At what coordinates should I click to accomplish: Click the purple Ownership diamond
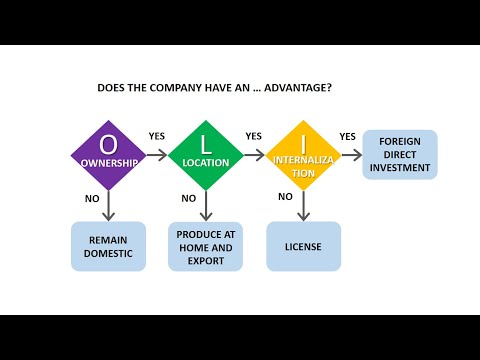(x=107, y=155)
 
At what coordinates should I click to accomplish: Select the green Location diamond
(x=205, y=155)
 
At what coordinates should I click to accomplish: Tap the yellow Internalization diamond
(x=303, y=155)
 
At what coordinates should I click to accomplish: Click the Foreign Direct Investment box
(x=400, y=154)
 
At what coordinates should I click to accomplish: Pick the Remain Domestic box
(x=108, y=246)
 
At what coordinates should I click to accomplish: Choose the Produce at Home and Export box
(x=205, y=246)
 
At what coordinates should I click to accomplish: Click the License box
(x=303, y=246)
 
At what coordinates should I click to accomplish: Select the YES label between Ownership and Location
(x=157, y=136)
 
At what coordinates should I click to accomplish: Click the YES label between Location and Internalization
(x=254, y=136)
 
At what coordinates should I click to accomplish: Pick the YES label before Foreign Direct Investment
(x=348, y=136)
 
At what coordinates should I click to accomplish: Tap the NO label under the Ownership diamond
(x=92, y=199)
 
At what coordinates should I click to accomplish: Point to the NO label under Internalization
(x=285, y=197)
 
